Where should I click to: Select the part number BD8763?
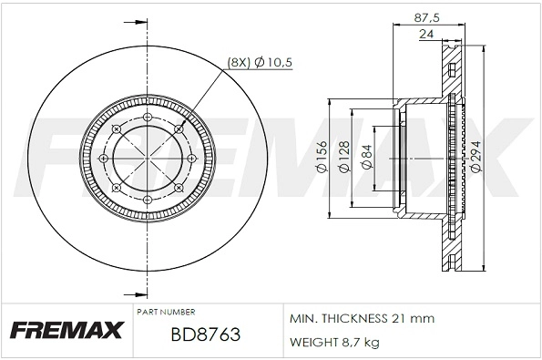(x=205, y=334)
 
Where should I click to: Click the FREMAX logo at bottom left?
(x=66, y=329)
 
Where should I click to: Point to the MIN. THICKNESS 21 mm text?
(x=362, y=318)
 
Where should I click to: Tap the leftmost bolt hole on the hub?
(x=103, y=159)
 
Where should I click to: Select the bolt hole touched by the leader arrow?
(x=178, y=129)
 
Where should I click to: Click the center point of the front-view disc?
(x=147, y=159)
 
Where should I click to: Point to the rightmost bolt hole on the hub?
(x=190, y=159)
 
